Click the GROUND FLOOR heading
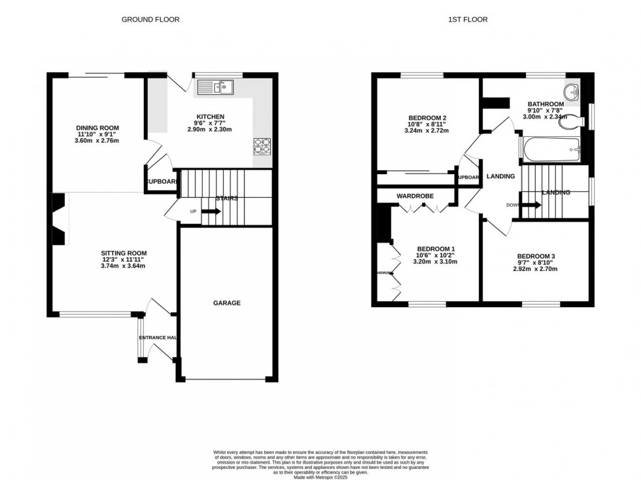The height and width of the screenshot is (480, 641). pos(150,20)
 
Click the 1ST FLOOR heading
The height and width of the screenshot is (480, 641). pos(468,20)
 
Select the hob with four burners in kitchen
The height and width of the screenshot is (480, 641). pos(262,146)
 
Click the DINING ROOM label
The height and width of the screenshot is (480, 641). pos(97,128)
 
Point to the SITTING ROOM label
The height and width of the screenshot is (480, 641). pos(124,253)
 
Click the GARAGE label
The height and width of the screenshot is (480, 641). pos(226,303)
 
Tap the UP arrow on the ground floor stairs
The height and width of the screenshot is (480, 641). pos(211,212)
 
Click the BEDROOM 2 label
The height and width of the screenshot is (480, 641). pos(421,118)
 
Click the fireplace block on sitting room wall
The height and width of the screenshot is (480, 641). pos(59,219)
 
